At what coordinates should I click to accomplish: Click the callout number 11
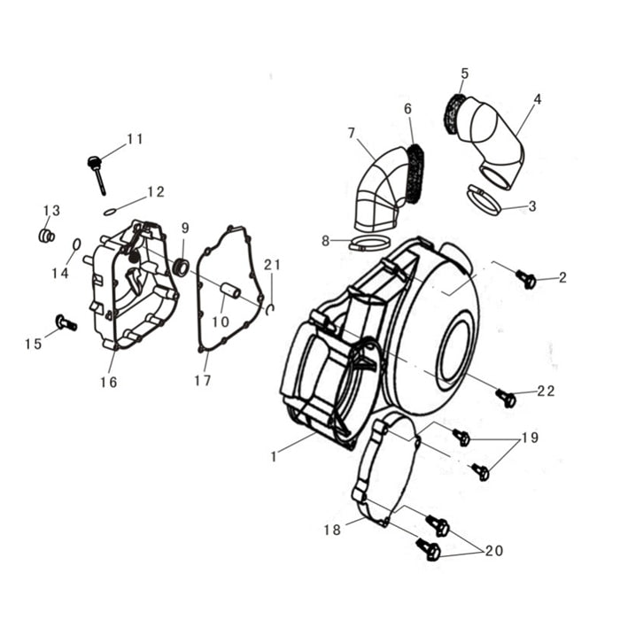coord(135,139)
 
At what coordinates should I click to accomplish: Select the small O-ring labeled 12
coord(110,211)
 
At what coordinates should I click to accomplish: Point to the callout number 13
coord(52,210)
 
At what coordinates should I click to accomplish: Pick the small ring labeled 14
coord(76,244)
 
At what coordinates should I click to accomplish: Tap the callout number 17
coord(203,381)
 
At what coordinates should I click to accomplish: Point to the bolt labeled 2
coord(526,280)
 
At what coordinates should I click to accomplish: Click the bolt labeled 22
coord(506,399)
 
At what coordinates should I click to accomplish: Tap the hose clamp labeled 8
coord(368,243)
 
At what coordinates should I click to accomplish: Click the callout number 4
coord(538,99)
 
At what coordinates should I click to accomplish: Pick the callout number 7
coord(352,133)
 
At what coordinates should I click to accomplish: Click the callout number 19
coord(530,438)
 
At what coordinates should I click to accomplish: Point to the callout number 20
coord(493,550)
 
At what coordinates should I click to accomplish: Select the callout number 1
coord(275,457)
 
